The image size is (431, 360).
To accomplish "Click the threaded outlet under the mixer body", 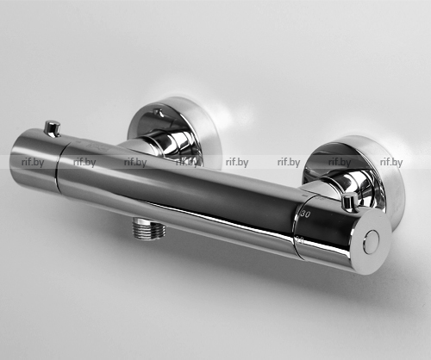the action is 149,228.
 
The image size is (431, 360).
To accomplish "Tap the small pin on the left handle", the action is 52,128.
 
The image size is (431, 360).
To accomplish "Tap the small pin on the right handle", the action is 351,202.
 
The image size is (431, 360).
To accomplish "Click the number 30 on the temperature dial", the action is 305,214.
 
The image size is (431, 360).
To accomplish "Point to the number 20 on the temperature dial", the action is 300,239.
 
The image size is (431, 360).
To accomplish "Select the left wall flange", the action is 175,132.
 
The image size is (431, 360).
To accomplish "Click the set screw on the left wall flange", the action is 159,112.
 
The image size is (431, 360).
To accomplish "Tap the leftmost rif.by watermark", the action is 33,163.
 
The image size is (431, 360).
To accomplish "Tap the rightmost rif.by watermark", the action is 391,163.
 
